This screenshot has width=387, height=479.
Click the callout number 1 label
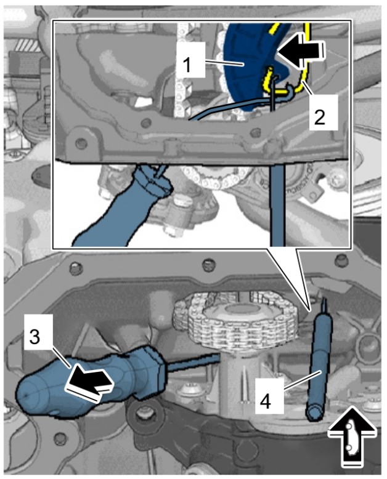click(187, 65)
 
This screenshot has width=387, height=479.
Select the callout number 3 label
click(35, 337)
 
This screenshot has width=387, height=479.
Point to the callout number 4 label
click(265, 401)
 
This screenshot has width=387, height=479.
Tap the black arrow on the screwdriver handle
click(89, 380)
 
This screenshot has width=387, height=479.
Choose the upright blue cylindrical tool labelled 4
click(319, 365)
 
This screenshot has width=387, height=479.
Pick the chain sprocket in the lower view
click(235, 322)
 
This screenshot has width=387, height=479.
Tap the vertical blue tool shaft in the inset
click(277, 204)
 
